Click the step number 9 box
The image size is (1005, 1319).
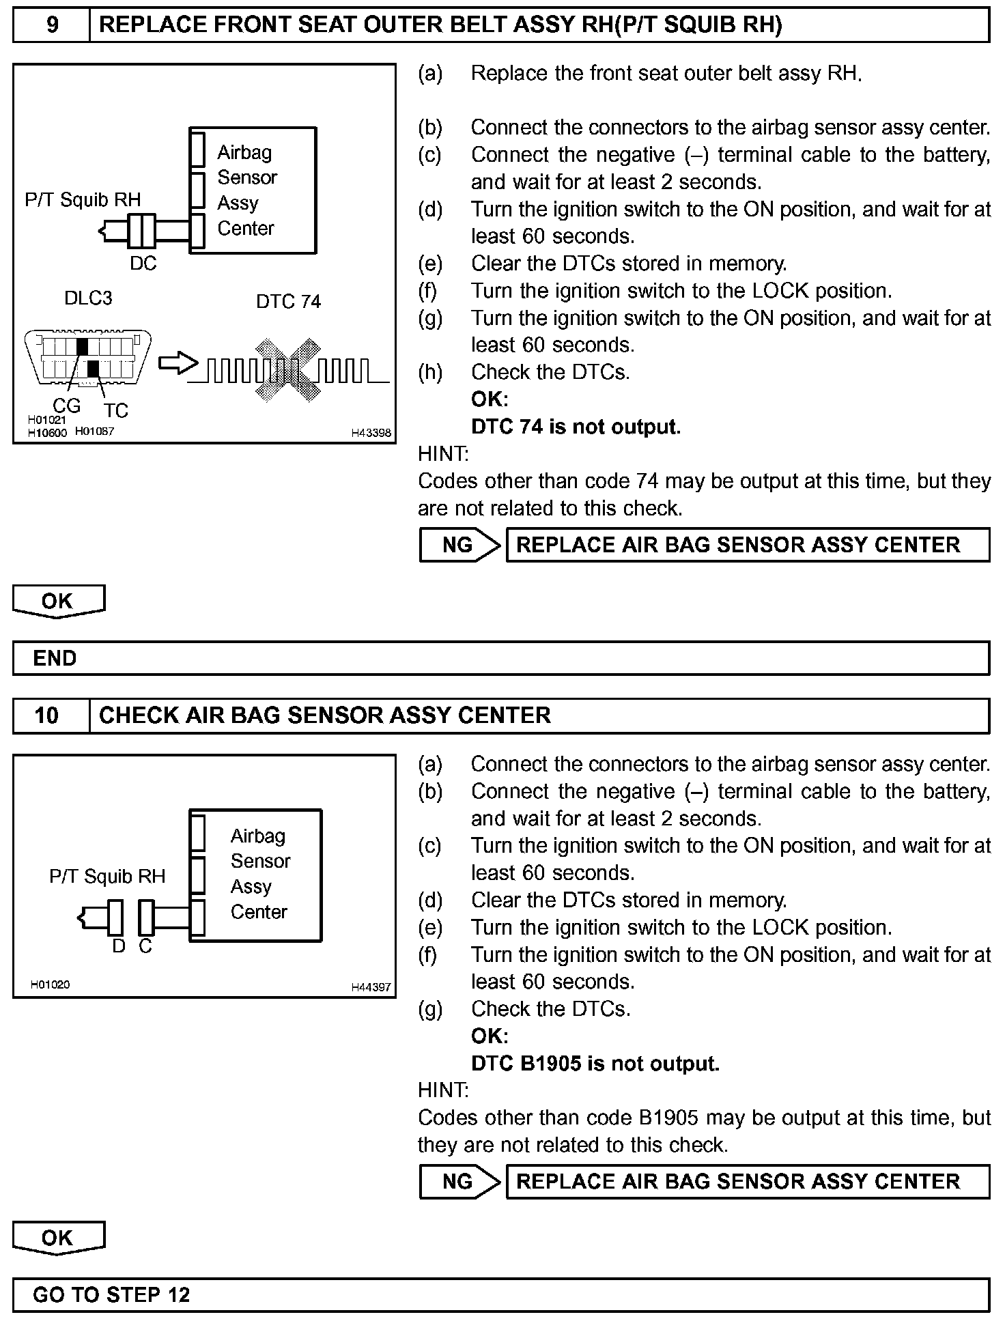click(x=51, y=25)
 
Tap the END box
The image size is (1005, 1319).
click(x=501, y=658)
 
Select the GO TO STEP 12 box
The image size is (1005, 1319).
click(x=501, y=1294)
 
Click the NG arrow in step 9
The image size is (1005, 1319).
click(x=459, y=545)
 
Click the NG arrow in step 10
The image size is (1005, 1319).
click(x=459, y=1182)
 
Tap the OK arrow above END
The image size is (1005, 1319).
click(x=59, y=601)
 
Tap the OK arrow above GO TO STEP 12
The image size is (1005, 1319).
click(x=59, y=1238)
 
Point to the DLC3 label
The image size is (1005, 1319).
click(x=88, y=298)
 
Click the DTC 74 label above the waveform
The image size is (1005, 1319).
click(x=288, y=302)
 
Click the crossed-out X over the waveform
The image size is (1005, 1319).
click(x=288, y=369)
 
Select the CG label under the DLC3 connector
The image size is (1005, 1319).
click(x=66, y=406)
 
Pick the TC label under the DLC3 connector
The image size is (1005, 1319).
click(x=116, y=410)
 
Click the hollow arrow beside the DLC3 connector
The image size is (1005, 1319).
click(x=177, y=363)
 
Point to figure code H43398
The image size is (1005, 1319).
click(x=371, y=433)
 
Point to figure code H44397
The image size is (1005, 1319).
click(x=371, y=987)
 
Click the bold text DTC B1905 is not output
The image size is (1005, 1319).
click(x=595, y=1064)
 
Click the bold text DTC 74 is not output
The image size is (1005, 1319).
click(x=576, y=427)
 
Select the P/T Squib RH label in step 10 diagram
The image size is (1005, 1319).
click(x=107, y=876)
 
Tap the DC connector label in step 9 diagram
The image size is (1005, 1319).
click(x=143, y=264)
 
